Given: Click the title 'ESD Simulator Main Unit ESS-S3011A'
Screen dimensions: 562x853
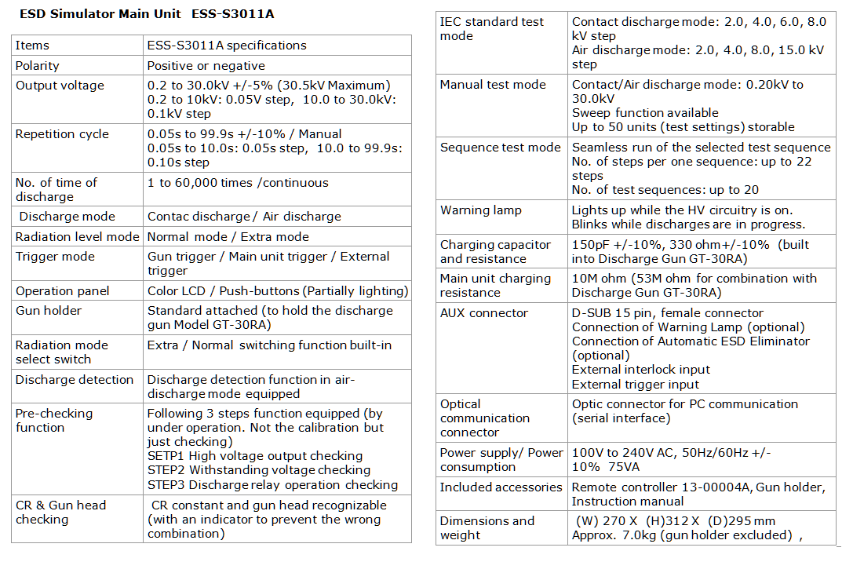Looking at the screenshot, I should point(147,14).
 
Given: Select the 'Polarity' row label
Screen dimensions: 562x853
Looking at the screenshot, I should point(38,66).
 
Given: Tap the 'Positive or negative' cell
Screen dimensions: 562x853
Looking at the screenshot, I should point(206,66).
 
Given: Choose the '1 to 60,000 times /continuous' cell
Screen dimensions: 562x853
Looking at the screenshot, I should point(238,183).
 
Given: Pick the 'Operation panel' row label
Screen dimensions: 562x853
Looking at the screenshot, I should point(63,290).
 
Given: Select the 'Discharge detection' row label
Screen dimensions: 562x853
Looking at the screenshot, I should point(75,380).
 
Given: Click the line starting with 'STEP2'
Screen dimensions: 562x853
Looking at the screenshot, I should point(258,470).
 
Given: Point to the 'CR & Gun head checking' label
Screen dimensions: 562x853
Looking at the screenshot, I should point(60,512).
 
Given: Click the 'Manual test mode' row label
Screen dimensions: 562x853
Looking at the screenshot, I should point(493,85).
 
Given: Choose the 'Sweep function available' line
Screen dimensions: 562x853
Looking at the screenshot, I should point(645,113).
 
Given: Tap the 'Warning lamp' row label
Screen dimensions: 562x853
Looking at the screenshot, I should point(481,210).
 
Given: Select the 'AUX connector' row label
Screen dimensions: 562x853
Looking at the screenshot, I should point(484,313).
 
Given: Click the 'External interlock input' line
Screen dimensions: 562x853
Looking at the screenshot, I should point(641,370).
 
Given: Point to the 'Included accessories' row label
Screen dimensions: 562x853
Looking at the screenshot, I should point(501,487).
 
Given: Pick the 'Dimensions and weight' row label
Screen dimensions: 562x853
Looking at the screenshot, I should point(487,527).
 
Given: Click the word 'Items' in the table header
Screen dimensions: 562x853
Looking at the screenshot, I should point(32,46).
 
